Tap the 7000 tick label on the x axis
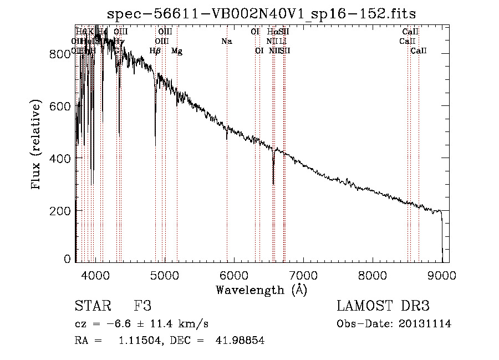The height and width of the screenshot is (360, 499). click(303, 275)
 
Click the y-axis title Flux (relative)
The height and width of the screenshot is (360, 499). click(37, 145)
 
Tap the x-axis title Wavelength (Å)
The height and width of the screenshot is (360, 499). click(261, 290)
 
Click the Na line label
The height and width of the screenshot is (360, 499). click(226, 41)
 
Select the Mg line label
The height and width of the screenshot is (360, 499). click(177, 51)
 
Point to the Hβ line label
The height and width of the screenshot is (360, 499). click(155, 51)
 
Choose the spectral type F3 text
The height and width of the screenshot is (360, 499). click(142, 306)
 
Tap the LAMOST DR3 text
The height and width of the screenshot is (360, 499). click(383, 306)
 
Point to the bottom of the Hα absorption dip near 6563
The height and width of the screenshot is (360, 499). click(273, 184)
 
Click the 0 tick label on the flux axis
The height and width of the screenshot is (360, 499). click(67, 258)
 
